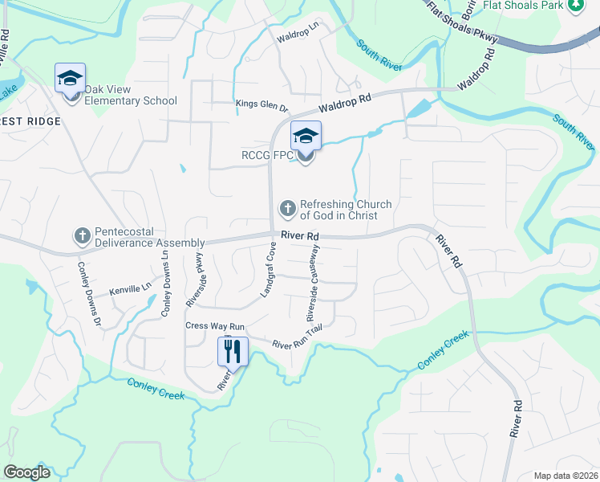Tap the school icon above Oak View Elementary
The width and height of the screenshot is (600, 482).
point(70,79)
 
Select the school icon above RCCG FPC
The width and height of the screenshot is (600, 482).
point(306,136)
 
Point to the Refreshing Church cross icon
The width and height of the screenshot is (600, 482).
point(287,209)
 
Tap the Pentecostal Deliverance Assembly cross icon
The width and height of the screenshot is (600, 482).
point(82,235)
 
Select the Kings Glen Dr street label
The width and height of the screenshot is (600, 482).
point(261,104)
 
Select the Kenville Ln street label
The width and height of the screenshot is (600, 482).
point(130,287)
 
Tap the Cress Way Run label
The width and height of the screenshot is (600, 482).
point(214,326)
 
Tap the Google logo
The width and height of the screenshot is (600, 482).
point(27,472)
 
